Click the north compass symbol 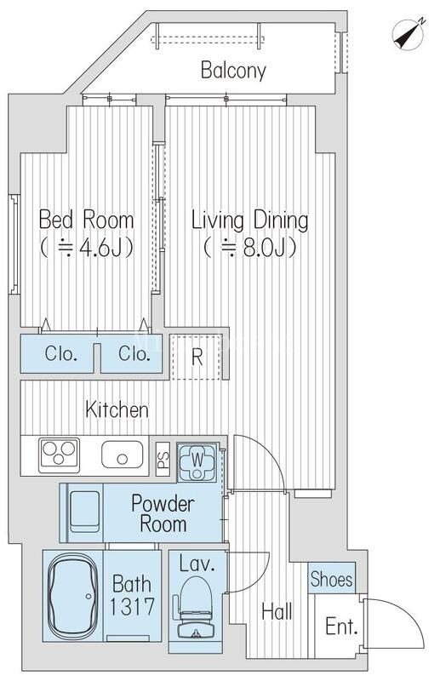coord(409,34)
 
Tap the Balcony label coord(233,71)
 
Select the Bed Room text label coord(87,220)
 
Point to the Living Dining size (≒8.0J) coord(250,248)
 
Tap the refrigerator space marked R coord(197,357)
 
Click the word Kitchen coord(117,409)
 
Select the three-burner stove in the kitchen coord(59,455)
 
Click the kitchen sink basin coord(122,455)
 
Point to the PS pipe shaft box coord(163,458)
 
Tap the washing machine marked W coord(197,461)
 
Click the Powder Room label coord(163,513)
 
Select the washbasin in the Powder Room coord(85,512)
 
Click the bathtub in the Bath coord(72,596)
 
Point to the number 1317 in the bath coord(132,607)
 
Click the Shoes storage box coord(331,578)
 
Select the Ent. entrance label coord(342,627)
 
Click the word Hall coord(277,611)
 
